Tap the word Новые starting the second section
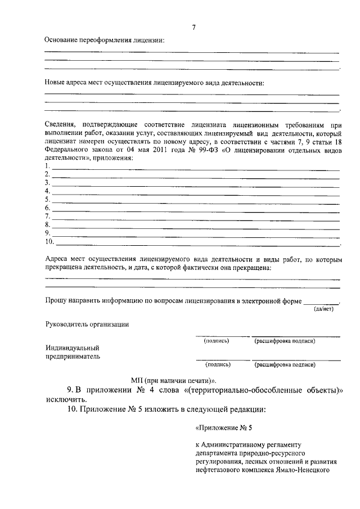click(55, 82)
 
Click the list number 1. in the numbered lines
click(48, 166)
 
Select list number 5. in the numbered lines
click(48, 199)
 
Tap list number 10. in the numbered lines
click(49, 242)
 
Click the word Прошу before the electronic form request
click(56, 301)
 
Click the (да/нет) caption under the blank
click(324, 309)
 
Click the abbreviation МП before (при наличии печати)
click(136, 380)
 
